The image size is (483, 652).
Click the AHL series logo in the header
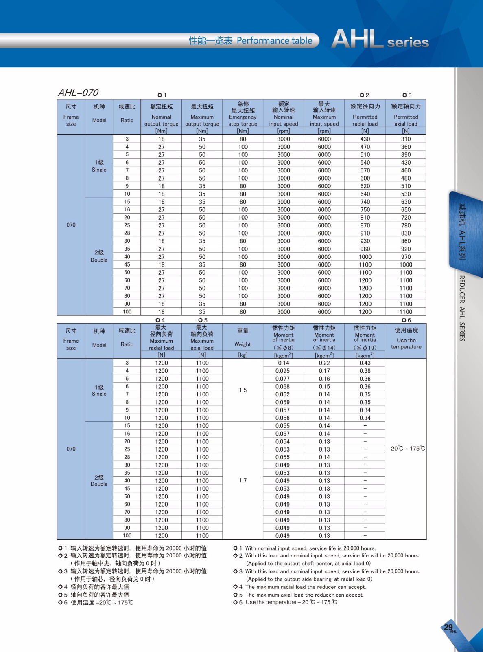(x=380, y=40)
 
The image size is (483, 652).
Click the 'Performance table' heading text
(x=275, y=41)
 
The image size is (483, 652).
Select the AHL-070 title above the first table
(x=78, y=93)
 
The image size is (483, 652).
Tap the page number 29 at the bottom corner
(x=448, y=627)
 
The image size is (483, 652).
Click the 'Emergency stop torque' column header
(x=243, y=117)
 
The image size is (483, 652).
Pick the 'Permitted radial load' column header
(x=365, y=117)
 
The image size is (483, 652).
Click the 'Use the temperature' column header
(x=406, y=340)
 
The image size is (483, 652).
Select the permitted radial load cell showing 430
(x=365, y=139)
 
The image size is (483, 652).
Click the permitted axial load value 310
(x=406, y=139)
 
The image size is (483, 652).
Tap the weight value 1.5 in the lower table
(x=243, y=390)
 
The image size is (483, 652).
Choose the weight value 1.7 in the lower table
(x=243, y=481)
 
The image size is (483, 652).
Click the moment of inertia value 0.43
(x=365, y=363)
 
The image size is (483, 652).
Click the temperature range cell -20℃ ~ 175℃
(x=406, y=449)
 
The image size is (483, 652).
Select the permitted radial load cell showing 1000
(x=365, y=257)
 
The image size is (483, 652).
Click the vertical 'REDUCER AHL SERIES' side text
(x=462, y=308)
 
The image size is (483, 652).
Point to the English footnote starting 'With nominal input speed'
(x=310, y=548)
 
